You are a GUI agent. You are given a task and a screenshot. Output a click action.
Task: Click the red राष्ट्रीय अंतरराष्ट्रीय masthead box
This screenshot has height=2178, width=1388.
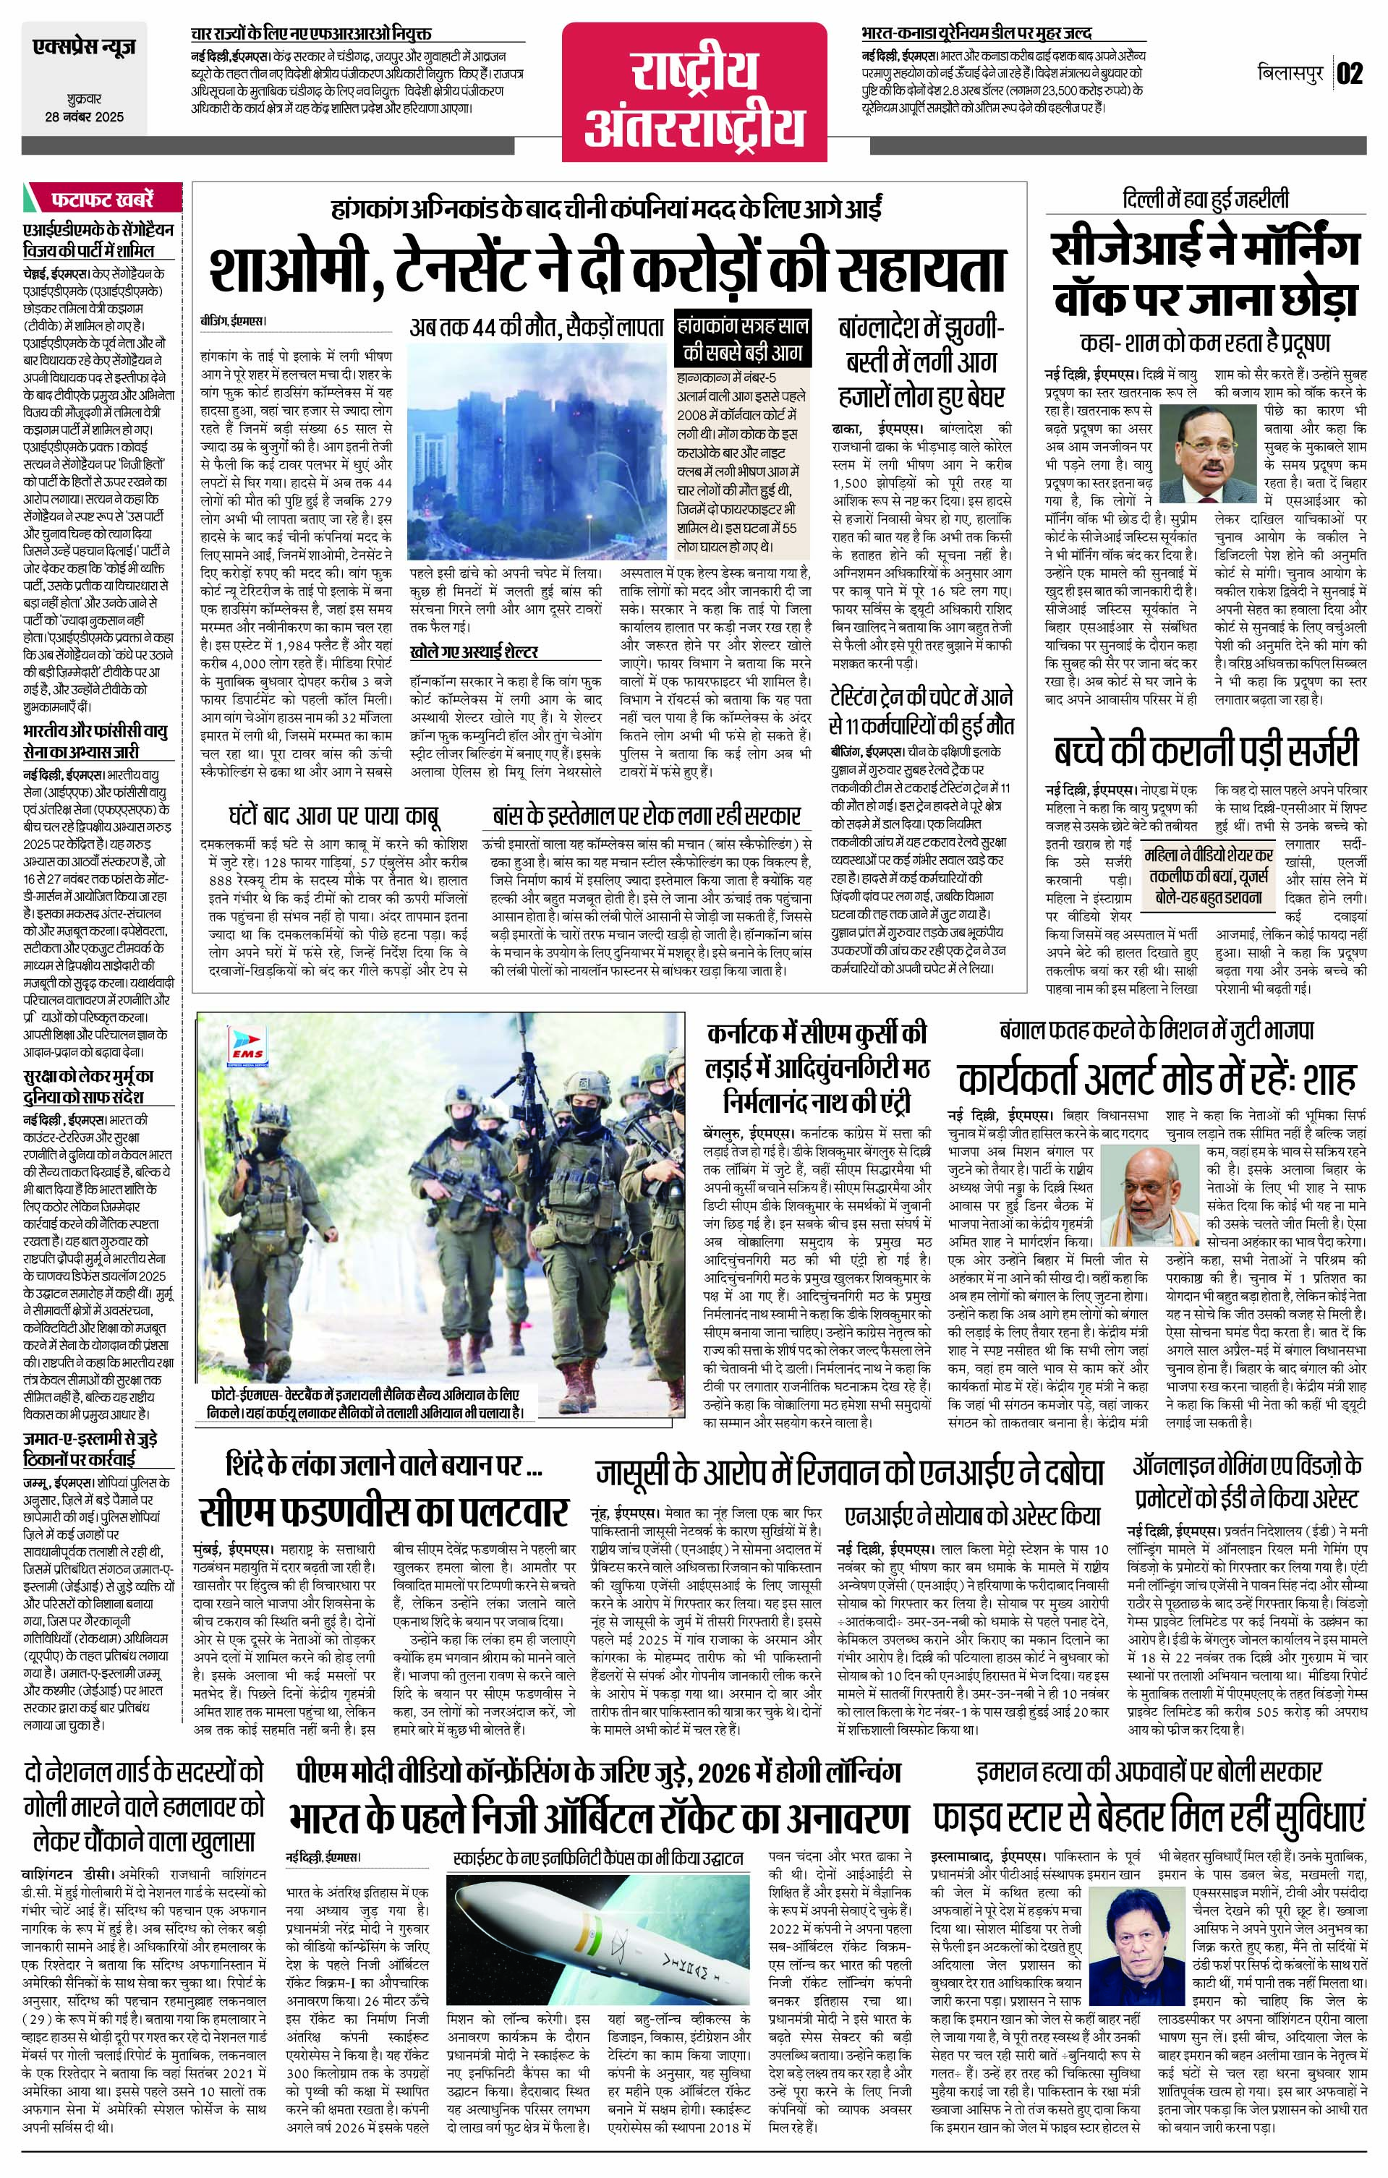694,87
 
